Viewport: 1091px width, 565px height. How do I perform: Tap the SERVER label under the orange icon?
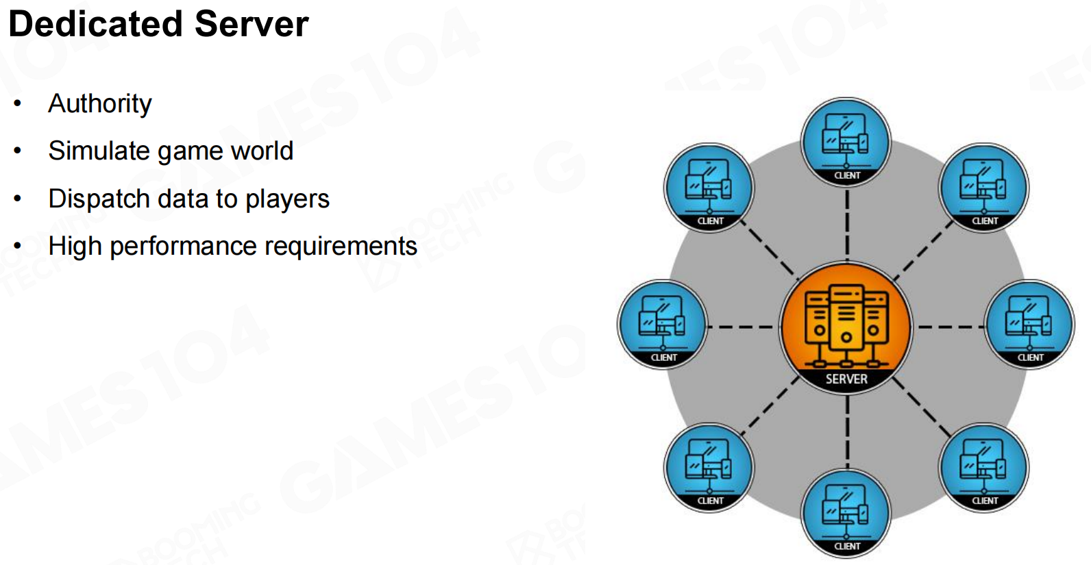click(846, 379)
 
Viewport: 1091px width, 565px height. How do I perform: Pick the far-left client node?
click(663, 324)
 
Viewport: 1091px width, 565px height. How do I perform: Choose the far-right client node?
click(1030, 324)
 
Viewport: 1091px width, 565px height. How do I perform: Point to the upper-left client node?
click(709, 187)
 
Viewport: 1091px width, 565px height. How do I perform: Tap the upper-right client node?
click(984, 187)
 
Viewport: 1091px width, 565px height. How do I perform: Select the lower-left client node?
click(709, 467)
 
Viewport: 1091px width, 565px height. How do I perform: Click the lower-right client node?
click(984, 467)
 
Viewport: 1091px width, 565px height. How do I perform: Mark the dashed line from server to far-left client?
click(743, 327)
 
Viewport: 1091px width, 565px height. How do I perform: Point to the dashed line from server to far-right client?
click(950, 327)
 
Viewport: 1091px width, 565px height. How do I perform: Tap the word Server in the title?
click(251, 24)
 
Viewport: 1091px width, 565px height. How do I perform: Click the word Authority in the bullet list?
click(100, 104)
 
